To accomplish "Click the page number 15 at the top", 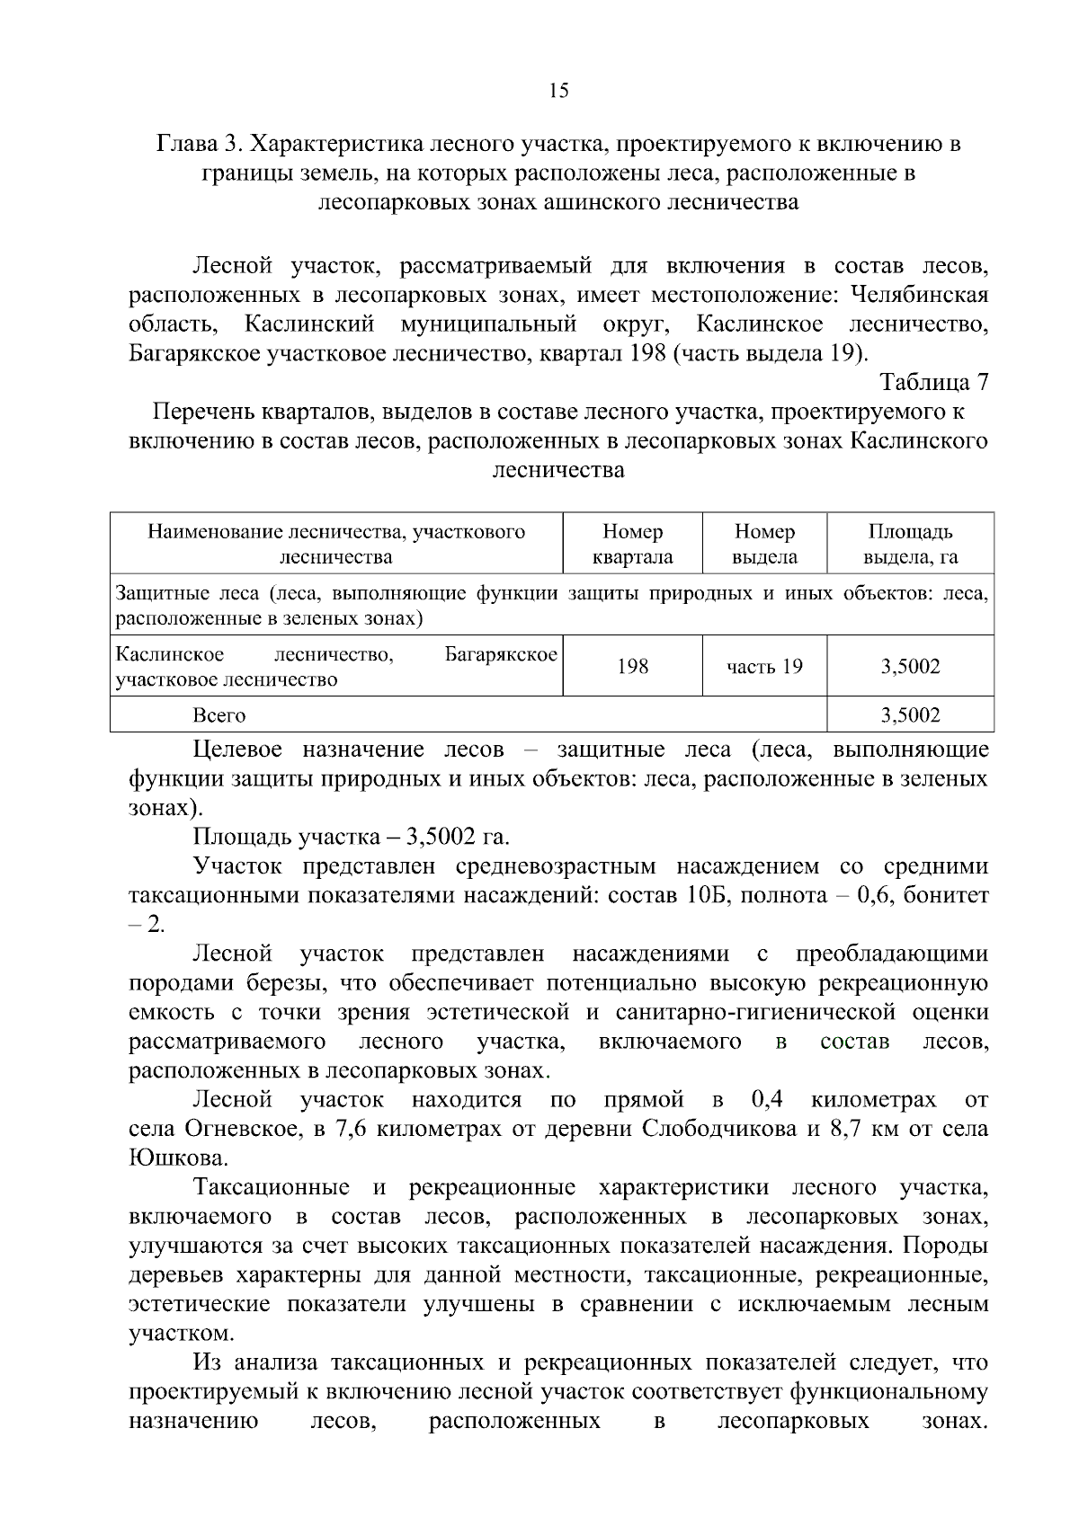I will pos(557,90).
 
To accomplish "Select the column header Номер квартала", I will pos(632,544).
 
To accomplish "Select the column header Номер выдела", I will pos(764,544).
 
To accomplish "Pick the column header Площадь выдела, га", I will pos(910,544).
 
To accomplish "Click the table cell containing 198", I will pos(632,667).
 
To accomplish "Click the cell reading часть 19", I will pos(764,667).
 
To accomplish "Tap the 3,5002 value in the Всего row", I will pos(910,715).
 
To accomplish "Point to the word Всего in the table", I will pos(218,715).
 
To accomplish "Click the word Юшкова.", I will pos(177,1158).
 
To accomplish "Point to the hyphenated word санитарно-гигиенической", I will pos(755,1012).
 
